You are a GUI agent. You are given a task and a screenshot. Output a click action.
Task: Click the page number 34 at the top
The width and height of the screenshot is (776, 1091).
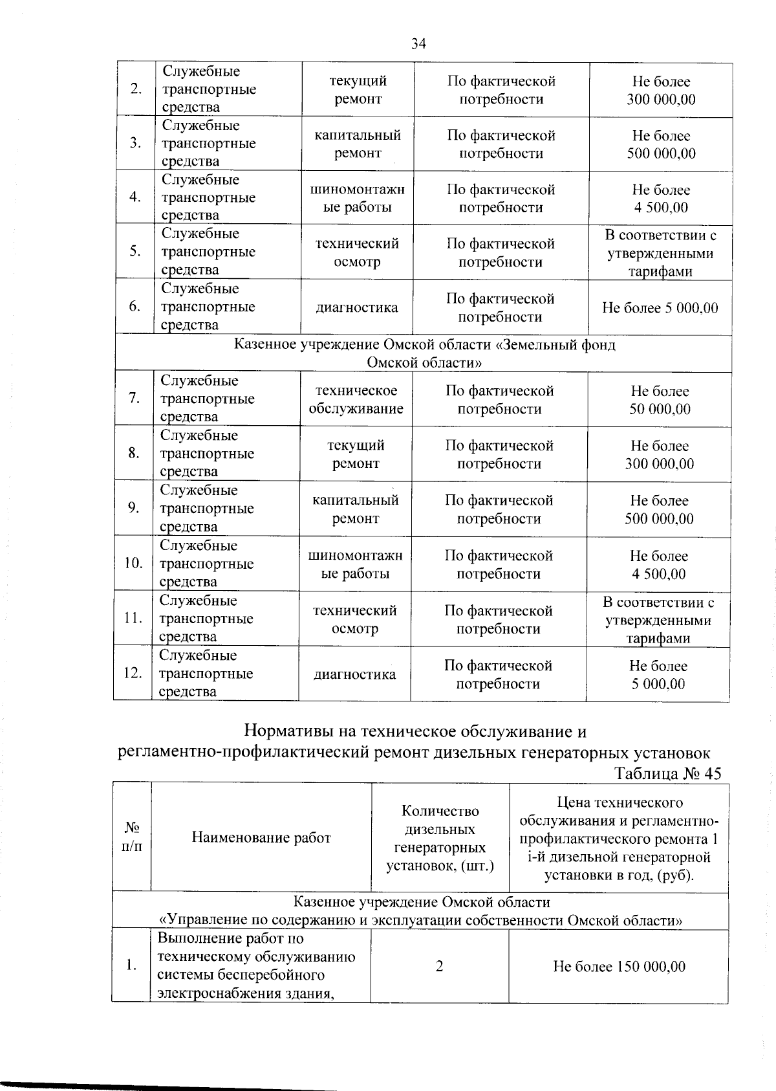[x=418, y=43]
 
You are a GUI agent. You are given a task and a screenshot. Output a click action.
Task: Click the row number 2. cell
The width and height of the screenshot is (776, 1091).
[x=136, y=89]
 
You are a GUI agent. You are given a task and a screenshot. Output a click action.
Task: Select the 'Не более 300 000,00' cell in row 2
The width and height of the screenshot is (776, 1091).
[x=661, y=90]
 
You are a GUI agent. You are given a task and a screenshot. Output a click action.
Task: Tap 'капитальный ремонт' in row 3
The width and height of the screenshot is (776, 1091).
[x=357, y=144]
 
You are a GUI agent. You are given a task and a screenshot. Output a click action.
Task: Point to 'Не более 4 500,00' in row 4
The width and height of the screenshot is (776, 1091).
[x=661, y=198]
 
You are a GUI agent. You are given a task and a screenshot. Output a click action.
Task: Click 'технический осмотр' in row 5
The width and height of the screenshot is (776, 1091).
[x=356, y=252]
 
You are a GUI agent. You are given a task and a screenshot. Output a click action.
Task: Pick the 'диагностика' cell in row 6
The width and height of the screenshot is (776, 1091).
[x=356, y=307]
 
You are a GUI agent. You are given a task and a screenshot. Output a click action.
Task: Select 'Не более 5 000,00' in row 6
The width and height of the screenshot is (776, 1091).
[x=660, y=307]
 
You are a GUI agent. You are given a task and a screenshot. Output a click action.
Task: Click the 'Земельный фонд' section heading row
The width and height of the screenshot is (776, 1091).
[x=424, y=353]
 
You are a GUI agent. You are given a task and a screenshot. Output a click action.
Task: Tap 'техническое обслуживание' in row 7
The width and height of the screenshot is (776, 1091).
[x=356, y=399]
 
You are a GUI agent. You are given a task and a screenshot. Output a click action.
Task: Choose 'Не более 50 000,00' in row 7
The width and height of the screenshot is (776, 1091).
[x=660, y=400]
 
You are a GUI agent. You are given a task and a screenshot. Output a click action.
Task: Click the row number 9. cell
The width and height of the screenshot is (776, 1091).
[x=134, y=508]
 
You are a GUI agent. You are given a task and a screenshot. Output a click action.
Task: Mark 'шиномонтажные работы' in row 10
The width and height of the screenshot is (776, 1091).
[x=355, y=564]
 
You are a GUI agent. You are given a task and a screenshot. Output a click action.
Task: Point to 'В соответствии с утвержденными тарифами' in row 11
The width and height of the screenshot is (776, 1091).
[x=658, y=620]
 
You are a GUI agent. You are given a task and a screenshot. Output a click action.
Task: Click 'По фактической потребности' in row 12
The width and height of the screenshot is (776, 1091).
[x=498, y=674]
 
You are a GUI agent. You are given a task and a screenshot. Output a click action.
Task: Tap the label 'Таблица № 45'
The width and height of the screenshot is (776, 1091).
[x=667, y=773]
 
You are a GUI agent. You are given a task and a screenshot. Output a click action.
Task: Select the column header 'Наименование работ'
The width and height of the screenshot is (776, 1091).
[x=261, y=837]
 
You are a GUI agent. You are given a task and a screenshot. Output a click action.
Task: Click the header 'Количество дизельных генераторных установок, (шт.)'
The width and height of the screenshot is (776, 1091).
[x=440, y=838]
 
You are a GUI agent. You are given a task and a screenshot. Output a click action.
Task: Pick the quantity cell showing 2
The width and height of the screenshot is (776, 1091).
[x=440, y=966]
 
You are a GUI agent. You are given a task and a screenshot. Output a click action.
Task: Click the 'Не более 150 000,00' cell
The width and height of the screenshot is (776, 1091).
[x=619, y=966]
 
